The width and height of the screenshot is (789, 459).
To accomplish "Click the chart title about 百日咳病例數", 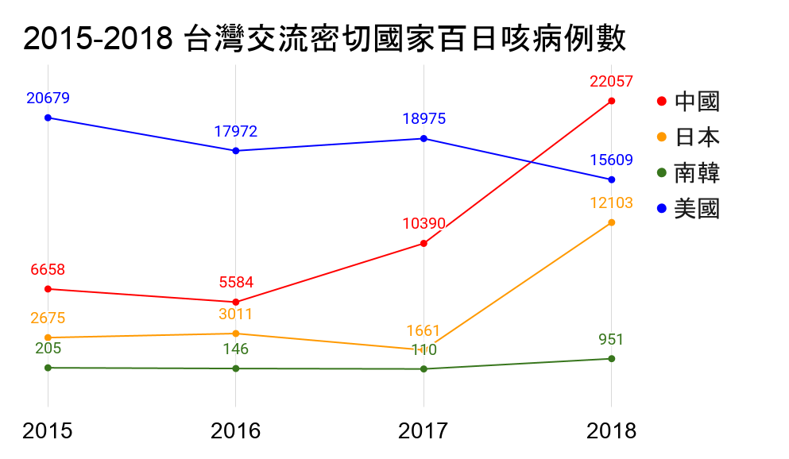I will point(324,38).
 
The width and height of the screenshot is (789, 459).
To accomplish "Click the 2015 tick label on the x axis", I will point(48,431).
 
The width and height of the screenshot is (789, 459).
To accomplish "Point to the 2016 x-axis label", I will point(235,431).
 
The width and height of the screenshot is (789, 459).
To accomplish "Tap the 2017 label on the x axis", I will point(424,431).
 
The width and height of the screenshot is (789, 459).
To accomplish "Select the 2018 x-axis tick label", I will point(611,431).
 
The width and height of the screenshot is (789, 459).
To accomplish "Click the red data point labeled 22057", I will point(611,101).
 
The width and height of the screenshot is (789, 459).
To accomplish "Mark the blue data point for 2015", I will point(48,118).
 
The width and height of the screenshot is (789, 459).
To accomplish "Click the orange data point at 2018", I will point(611,222).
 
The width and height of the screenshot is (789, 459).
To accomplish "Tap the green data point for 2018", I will point(611,359).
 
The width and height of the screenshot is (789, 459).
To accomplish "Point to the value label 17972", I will point(235,132).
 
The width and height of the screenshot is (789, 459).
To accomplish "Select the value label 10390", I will point(424,224).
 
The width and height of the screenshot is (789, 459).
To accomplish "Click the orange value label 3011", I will point(235,314).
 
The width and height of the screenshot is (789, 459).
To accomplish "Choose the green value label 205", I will point(48,348).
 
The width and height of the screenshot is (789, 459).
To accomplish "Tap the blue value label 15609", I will point(611,160).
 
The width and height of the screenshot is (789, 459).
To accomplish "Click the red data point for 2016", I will point(235,303).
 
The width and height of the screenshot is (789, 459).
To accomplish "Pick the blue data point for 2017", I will point(424,138).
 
